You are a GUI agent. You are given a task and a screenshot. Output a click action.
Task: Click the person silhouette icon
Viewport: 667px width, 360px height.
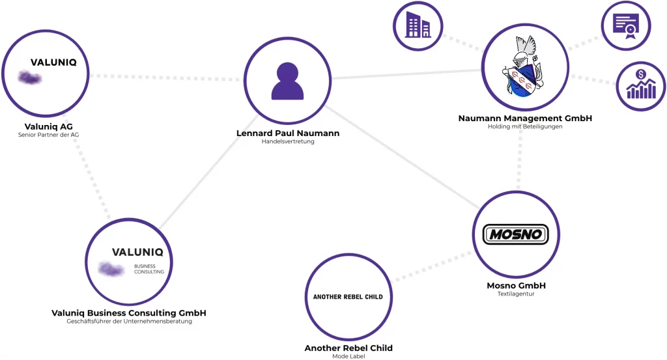coord(287,81)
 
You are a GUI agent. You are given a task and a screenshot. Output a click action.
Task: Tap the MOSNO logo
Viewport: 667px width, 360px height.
coord(516,234)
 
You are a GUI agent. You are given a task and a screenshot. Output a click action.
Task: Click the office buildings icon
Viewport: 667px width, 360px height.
coord(418,27)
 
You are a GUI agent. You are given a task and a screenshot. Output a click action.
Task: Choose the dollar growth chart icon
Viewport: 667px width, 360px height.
coord(641,85)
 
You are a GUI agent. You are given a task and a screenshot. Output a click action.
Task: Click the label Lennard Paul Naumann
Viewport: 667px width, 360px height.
coord(287,133)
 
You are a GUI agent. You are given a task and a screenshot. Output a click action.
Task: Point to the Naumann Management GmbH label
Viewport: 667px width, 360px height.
coord(525,118)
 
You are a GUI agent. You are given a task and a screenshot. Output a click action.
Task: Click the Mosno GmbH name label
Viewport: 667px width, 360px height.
coord(516,286)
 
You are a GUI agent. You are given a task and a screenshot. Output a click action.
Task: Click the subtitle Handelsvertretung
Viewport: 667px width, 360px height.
coord(287,142)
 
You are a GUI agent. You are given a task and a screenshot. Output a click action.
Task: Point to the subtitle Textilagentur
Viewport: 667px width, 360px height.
coord(516,294)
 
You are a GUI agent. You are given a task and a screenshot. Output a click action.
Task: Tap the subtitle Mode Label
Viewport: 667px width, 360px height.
coord(348,356)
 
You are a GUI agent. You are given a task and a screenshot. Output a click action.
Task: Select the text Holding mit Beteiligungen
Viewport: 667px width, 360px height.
coord(525,127)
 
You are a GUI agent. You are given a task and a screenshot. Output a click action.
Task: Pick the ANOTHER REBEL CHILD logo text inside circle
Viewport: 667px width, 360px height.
coord(348,297)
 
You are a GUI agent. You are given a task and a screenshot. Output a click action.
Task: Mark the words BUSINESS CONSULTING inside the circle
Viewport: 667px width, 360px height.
coord(149,269)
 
